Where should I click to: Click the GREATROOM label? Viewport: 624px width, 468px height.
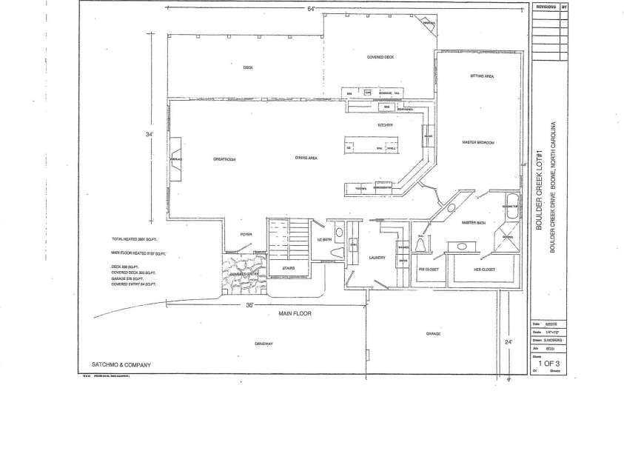(224, 158)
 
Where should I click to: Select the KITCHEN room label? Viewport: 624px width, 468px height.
(384, 125)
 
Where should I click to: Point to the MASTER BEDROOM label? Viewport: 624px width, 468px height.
(478, 141)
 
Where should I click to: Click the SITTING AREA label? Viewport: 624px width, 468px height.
(482, 76)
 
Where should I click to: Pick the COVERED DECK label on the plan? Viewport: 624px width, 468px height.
(380, 57)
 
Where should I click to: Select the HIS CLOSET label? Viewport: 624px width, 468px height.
(429, 269)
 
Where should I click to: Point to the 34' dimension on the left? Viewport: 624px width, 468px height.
(151, 134)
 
